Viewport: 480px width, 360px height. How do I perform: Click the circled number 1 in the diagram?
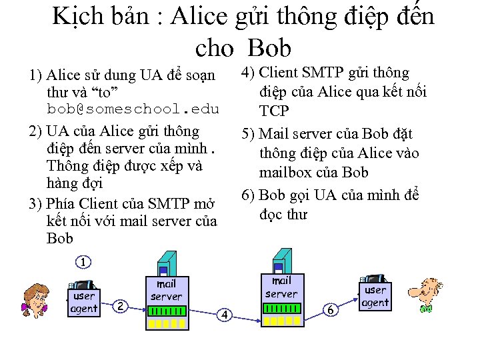(x=82, y=262)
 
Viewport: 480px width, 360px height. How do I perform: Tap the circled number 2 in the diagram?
(x=120, y=306)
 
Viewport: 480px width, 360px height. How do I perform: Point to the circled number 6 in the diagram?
(x=330, y=310)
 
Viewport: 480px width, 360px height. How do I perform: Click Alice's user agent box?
(x=84, y=301)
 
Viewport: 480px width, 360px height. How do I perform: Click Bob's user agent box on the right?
(x=375, y=295)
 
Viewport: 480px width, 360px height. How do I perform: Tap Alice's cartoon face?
(x=36, y=299)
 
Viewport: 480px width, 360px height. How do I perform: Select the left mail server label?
(x=166, y=290)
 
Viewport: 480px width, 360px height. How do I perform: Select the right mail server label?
(x=281, y=287)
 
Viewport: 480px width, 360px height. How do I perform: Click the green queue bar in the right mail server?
(x=282, y=308)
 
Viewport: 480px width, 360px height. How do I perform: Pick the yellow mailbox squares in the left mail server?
(x=167, y=323)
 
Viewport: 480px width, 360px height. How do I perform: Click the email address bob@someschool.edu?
(x=133, y=108)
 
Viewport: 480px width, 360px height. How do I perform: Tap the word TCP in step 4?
(x=274, y=110)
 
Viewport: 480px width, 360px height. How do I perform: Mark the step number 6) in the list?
(x=248, y=195)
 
